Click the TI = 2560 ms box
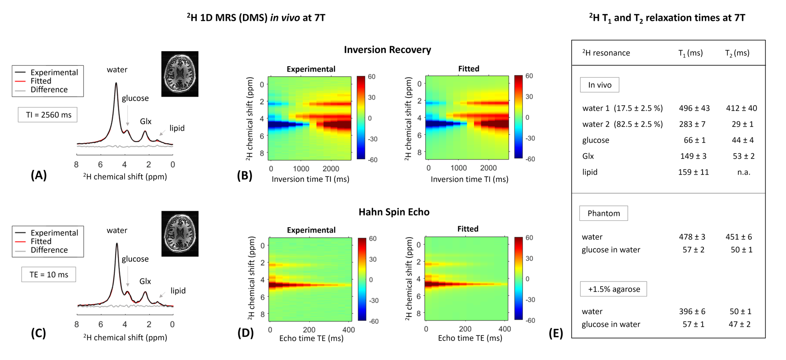coord(48,115)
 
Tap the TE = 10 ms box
coord(49,274)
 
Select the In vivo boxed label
coord(599,85)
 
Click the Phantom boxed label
coord(603,213)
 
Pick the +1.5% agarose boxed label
coord(613,289)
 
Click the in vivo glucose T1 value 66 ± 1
coord(694,140)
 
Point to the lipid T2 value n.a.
coord(743,172)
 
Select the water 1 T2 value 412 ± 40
coord(741,108)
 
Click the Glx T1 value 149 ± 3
coord(693,156)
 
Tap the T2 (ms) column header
coord(737,53)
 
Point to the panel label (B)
coord(244,175)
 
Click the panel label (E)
coord(556,333)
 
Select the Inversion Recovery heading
coord(387,49)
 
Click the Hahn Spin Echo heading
coord(393,212)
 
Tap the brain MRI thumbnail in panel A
coord(180,74)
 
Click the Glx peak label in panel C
coord(145,281)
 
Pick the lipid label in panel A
coord(177,128)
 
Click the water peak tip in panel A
coord(116,83)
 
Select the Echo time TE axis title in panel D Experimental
coord(311,338)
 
